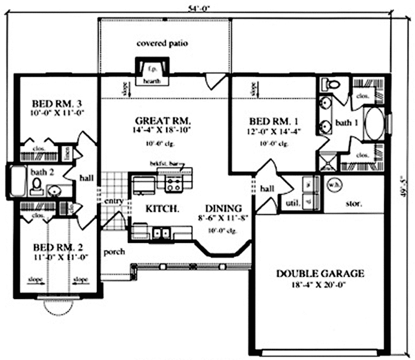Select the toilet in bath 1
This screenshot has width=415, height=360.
333,85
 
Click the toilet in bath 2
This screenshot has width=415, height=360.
37,186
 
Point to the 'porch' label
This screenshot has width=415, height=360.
114,251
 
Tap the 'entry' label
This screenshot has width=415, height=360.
114,201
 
